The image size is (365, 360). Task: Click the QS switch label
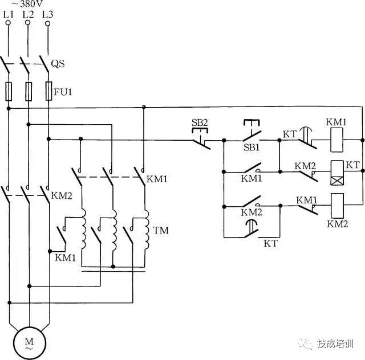coord(58,64)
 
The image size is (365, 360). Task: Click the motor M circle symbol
coord(28,342)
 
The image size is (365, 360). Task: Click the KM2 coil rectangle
coord(336,203)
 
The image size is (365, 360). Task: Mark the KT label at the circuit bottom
coord(271,243)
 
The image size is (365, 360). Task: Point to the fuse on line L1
coord(9,91)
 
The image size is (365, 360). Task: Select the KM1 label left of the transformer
coord(65,257)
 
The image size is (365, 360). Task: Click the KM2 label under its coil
coord(337,224)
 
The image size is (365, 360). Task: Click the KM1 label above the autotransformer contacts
coord(157,179)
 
